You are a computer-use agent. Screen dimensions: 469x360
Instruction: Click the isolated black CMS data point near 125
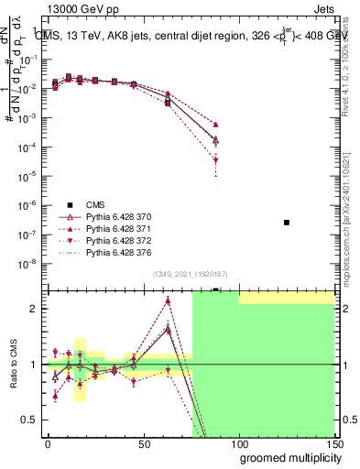(x=287, y=223)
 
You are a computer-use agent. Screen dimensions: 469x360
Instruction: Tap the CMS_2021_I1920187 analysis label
(x=191, y=273)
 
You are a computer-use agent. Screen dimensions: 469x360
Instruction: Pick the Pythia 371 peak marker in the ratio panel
(x=168, y=300)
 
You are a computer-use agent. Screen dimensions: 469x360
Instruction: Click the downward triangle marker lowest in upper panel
(x=215, y=160)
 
